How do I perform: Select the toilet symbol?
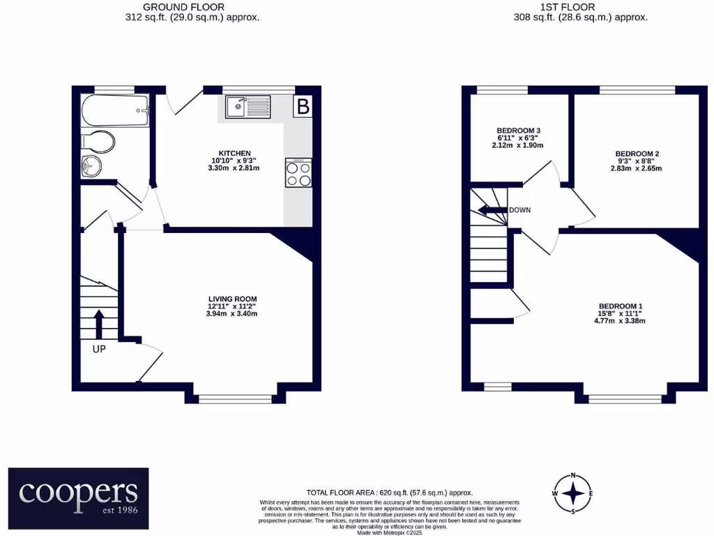coord(98,142)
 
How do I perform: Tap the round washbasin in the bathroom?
coord(91,166)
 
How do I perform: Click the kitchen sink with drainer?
coord(248,107)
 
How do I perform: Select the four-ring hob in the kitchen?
coord(298,173)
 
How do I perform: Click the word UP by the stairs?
coord(99,349)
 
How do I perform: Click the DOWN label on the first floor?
coord(520,210)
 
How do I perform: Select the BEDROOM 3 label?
coord(519,131)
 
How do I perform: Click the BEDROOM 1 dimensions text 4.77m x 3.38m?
coord(620,322)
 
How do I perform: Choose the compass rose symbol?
coord(573,493)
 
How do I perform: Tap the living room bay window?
coord(235,399)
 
